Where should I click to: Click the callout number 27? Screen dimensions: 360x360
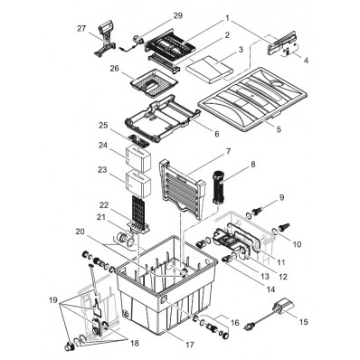click(x=81, y=29)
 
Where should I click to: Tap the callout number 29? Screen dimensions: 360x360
click(x=178, y=15)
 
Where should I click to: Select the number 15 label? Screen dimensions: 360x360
click(x=304, y=322)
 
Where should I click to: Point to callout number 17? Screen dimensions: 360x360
click(x=190, y=345)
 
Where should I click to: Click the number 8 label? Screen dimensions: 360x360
click(x=253, y=165)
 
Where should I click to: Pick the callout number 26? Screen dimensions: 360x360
click(x=115, y=69)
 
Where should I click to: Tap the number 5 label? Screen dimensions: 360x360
click(x=279, y=129)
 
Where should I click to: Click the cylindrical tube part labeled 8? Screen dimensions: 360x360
click(x=218, y=188)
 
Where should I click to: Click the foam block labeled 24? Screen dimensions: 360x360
click(x=137, y=157)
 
